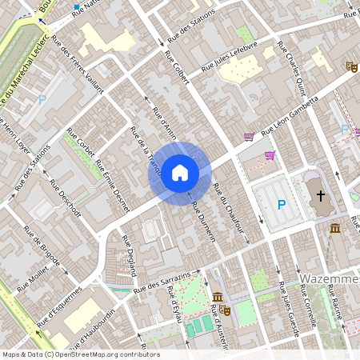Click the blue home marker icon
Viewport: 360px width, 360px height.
180,172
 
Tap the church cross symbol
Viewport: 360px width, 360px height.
322,195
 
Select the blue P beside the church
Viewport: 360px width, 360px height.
282,205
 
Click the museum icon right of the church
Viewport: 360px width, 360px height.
334,229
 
